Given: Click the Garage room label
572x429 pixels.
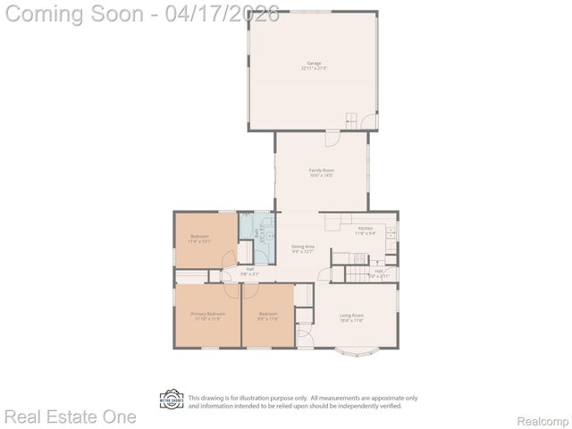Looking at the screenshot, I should tap(314, 65).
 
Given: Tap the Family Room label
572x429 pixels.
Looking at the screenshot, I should tap(321, 172).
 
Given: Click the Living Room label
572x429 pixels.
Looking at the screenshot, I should tap(351, 317).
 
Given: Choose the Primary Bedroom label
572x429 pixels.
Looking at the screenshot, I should tap(207, 315).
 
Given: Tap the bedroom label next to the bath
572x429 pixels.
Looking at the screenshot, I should tap(198, 239).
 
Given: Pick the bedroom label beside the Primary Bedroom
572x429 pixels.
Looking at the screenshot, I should tap(268, 315).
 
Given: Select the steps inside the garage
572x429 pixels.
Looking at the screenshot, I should tap(351, 121).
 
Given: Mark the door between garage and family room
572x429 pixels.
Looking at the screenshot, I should tap(332, 137).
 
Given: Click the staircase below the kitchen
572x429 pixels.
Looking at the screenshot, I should tap(357, 258).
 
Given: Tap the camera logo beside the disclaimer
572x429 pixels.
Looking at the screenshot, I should tap(171, 400).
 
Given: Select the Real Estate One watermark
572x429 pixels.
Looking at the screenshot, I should tap(70, 417).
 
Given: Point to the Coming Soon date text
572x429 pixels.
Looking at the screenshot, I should tap(143, 14).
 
